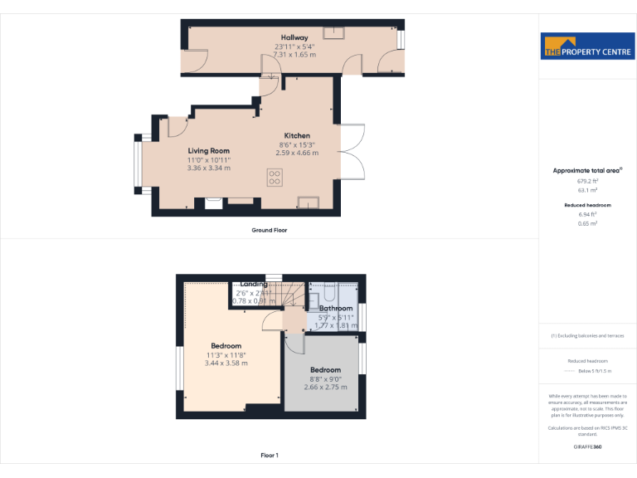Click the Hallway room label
point(294,37)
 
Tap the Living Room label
point(208,150)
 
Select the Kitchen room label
point(297,135)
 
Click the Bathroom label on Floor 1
point(336,308)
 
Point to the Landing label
point(254,284)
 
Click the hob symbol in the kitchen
point(275,178)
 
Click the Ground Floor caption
point(269,230)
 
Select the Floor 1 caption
point(269,455)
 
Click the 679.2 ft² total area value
point(587,180)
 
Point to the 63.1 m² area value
point(587,189)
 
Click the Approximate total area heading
point(586,170)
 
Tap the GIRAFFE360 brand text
point(587,447)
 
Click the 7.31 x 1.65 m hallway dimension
point(294,54)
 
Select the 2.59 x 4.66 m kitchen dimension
point(297,153)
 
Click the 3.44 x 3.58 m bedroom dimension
point(226,363)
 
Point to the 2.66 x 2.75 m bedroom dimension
point(325,387)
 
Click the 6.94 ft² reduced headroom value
point(587,214)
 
